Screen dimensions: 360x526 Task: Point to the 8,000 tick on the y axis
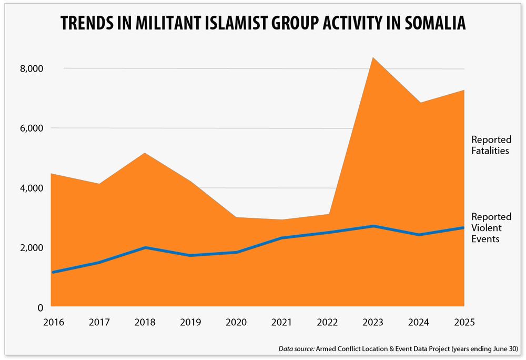click(x=31, y=69)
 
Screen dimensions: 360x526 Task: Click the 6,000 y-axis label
click(x=31, y=128)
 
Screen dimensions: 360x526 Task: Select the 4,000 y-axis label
click(x=31, y=188)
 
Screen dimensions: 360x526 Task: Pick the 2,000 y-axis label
click(x=31, y=248)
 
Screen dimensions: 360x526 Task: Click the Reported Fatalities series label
click(x=491, y=145)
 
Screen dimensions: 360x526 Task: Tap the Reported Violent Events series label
click(x=491, y=228)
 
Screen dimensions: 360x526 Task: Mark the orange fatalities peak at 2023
click(x=372, y=58)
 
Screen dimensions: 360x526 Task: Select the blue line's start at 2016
click(x=52, y=272)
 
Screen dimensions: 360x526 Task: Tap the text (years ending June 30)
click(x=487, y=348)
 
